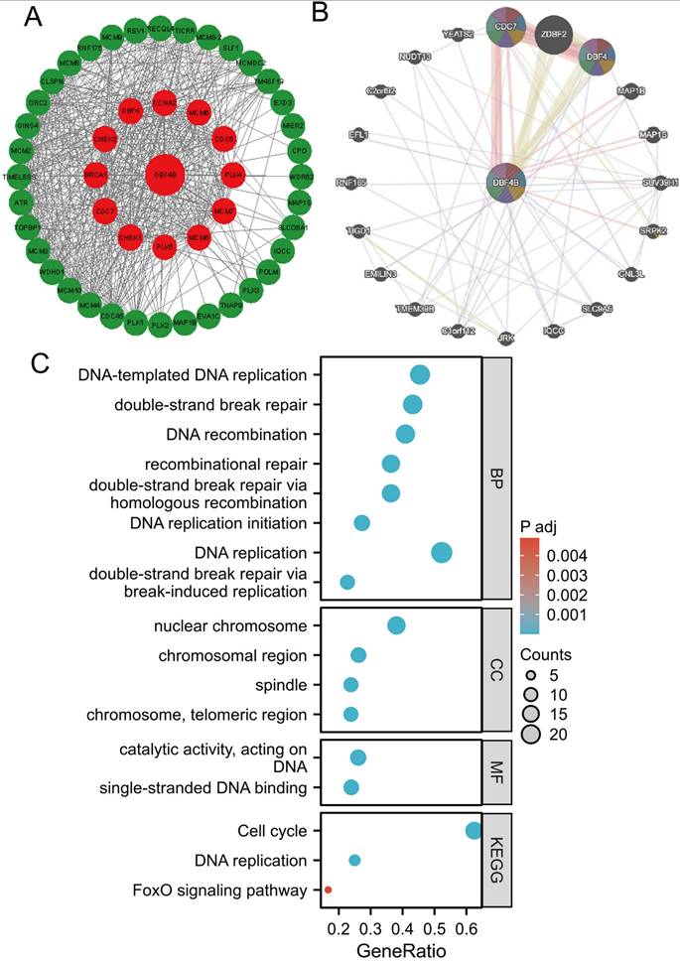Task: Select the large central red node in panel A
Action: pos(165,174)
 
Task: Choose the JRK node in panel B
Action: pos(506,338)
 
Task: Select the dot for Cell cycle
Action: pos(474,830)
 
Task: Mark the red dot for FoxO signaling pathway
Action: pos(328,890)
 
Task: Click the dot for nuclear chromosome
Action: pos(396,625)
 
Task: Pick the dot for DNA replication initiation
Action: pos(362,523)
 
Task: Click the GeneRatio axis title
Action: pos(403,949)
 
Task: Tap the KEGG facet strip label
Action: pos(496,860)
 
